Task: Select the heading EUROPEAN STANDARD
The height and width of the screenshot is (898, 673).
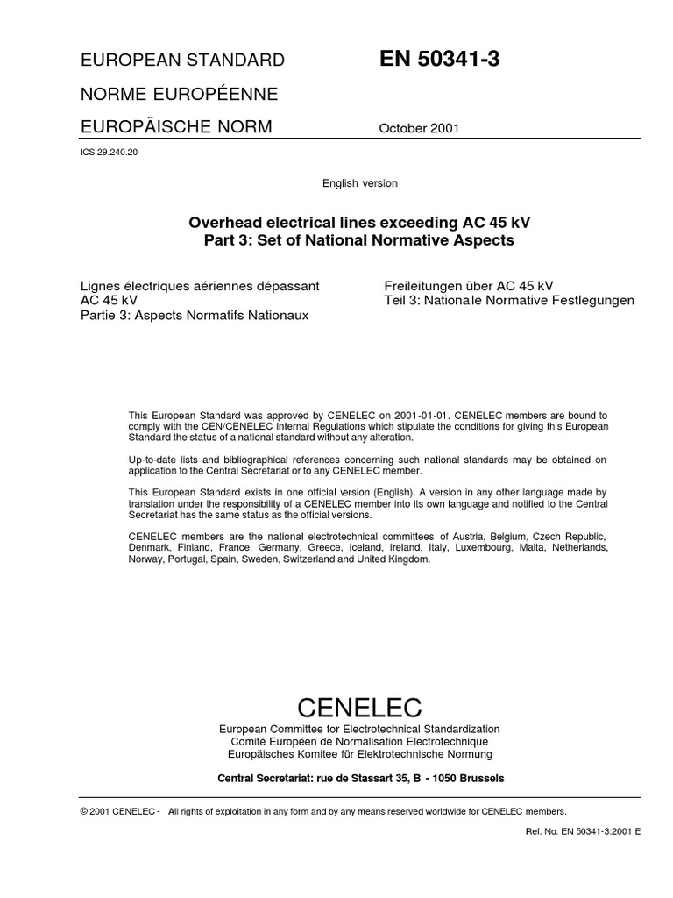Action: [182, 61]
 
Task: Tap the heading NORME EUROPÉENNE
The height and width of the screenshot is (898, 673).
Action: [179, 94]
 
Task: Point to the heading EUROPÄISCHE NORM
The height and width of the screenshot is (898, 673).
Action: [176, 127]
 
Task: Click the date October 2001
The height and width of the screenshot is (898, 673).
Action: [419, 129]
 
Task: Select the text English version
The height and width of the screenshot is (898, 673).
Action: [360, 183]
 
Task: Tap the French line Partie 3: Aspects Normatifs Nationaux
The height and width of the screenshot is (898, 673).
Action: [195, 315]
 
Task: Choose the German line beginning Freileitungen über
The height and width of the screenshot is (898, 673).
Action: [469, 285]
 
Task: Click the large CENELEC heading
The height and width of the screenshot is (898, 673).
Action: [360, 706]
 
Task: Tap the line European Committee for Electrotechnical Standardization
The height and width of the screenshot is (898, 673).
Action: [360, 730]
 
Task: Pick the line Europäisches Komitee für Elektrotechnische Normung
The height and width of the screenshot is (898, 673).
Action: [360, 754]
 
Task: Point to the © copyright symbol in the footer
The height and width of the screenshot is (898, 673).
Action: [83, 811]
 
